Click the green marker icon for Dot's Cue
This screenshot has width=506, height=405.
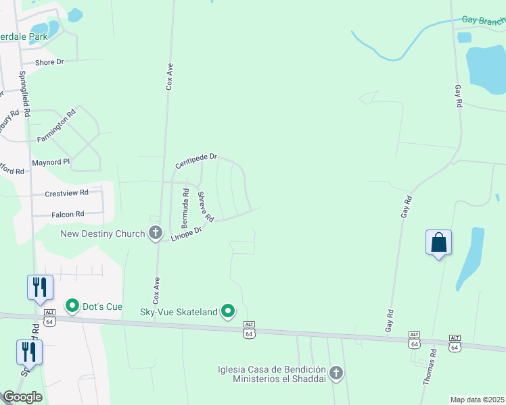pos(72,306)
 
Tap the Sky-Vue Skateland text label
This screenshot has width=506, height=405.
pos(179,311)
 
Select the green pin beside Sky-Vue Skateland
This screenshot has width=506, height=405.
pos(229,311)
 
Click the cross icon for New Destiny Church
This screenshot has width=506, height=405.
pos(156,234)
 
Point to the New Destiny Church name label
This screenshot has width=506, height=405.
pos(103,234)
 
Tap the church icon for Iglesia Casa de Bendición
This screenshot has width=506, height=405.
pos(336,373)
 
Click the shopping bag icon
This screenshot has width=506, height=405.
pos(438,242)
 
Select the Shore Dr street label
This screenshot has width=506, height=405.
pos(49,61)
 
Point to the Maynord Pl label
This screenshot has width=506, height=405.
pos(51,163)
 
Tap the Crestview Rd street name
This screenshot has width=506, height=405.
pos(66,193)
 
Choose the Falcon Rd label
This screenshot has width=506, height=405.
pos(68,214)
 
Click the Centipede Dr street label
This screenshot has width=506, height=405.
pos(195,161)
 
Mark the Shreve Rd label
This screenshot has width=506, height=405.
pos(206,207)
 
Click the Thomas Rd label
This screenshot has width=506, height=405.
pos(430,367)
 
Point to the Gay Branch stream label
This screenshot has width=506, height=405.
pos(483,20)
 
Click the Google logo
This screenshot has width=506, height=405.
pos(22,397)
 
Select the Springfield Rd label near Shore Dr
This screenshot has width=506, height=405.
pos(24,94)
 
